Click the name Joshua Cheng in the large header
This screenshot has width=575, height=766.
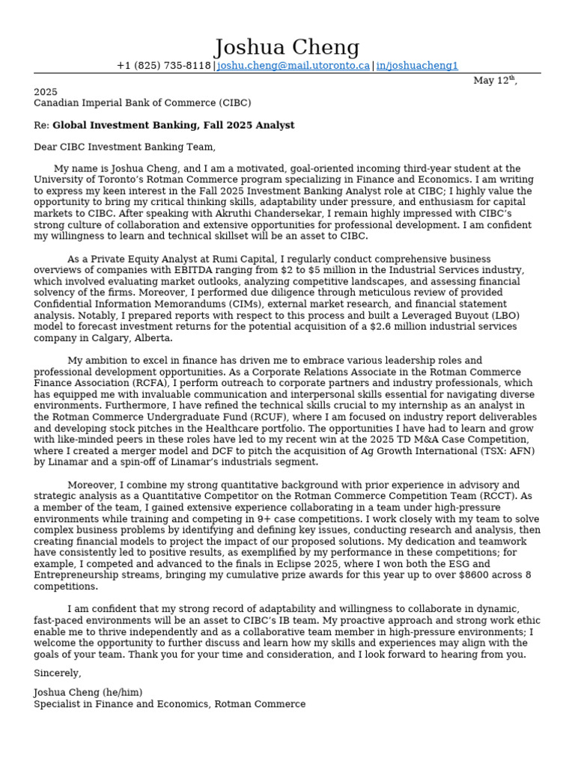click(x=287, y=48)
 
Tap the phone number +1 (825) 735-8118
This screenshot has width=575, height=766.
click(x=163, y=66)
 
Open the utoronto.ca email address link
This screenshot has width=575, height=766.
click(x=293, y=66)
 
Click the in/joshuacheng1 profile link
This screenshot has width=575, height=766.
click(x=417, y=66)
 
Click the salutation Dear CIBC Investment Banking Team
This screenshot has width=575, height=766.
click(x=124, y=147)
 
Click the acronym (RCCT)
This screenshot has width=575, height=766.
click(x=496, y=496)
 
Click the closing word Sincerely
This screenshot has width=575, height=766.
click(x=58, y=674)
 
